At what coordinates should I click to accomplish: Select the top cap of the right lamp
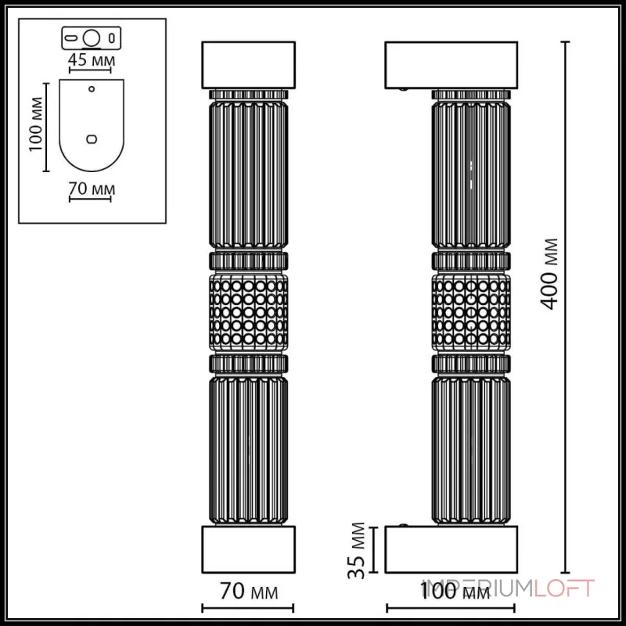point(451,64)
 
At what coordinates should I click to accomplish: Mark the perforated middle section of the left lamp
point(249,310)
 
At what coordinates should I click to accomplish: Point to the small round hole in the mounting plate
point(92,89)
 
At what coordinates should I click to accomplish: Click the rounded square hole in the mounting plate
point(92,139)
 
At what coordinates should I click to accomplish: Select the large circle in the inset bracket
point(92,37)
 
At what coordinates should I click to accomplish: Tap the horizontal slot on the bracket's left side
point(71,37)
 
